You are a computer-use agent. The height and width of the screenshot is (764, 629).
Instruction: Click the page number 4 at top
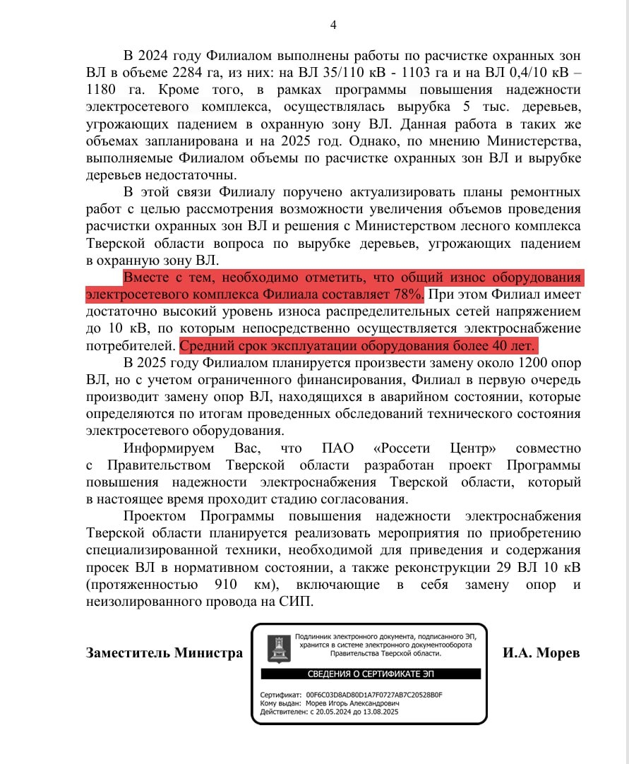pyautogui.click(x=334, y=25)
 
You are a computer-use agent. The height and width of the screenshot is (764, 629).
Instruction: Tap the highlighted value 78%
pyautogui.click(x=409, y=293)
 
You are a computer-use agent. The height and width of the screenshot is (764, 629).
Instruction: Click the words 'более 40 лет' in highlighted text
pyautogui.click(x=498, y=346)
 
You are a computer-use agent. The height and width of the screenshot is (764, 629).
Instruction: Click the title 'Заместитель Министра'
pyautogui.click(x=164, y=653)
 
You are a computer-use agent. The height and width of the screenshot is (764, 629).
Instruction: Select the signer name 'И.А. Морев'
pyautogui.click(x=541, y=653)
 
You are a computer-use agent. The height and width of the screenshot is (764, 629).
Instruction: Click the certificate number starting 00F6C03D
pyautogui.click(x=374, y=695)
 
